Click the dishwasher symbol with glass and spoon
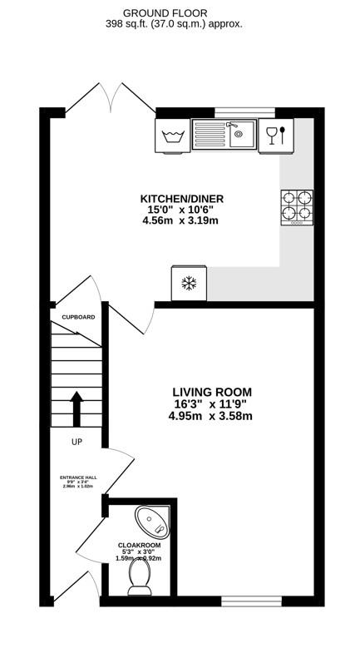click(276, 134)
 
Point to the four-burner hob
click(297, 207)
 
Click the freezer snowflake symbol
click(189, 284)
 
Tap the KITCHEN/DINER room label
click(181, 198)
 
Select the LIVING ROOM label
click(212, 392)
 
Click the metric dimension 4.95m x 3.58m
click(212, 416)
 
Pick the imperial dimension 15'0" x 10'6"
click(181, 210)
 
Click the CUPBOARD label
click(78, 317)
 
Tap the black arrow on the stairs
click(76, 408)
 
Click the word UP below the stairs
click(76, 442)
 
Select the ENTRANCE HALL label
click(78, 478)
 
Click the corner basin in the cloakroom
click(156, 519)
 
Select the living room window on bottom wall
click(244, 600)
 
